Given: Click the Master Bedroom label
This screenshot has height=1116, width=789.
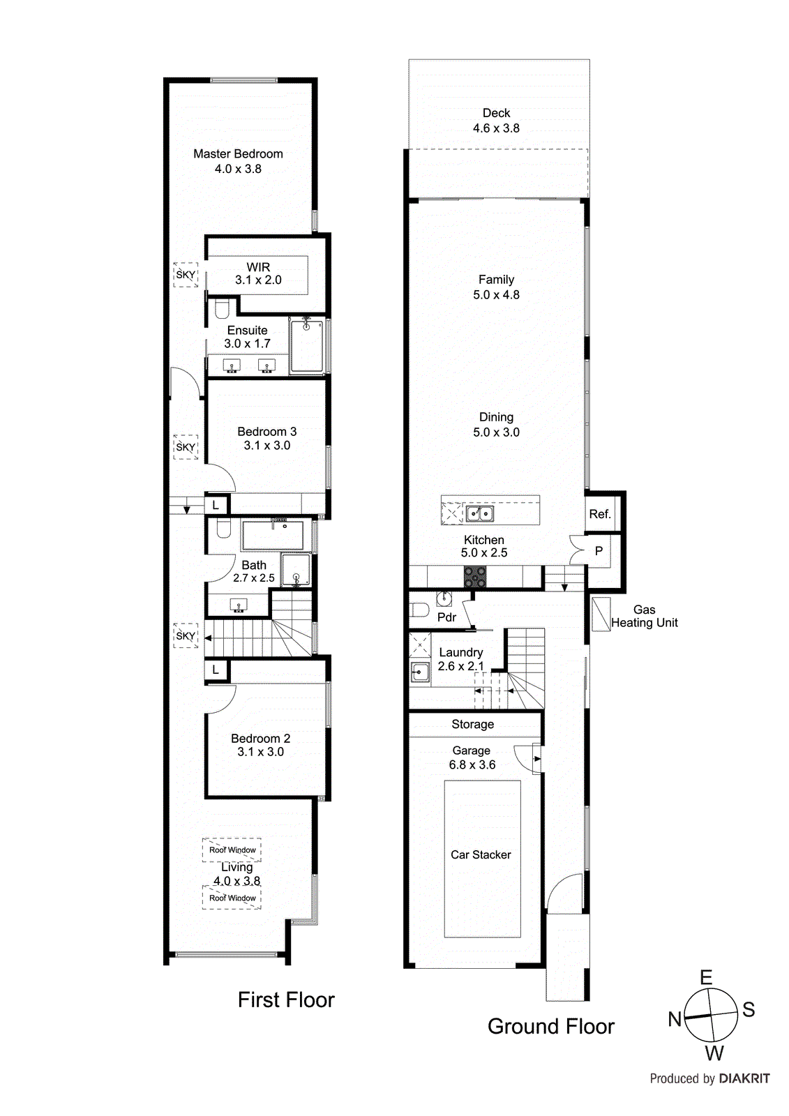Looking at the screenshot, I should (x=238, y=154).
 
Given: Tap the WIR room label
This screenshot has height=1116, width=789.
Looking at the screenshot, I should (x=258, y=267).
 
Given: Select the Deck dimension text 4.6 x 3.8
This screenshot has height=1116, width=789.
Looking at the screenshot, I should (x=496, y=128).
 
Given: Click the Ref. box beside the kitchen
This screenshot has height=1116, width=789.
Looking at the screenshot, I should (x=600, y=514).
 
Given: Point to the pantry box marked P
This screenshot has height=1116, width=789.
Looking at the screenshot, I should (x=599, y=551).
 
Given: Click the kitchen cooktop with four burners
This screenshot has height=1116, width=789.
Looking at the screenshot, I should (x=475, y=576).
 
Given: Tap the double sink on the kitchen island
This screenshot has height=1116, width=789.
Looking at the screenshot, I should (x=479, y=514).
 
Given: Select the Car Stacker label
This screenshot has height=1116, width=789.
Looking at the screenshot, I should (x=481, y=854).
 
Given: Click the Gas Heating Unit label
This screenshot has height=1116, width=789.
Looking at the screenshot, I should (x=644, y=616).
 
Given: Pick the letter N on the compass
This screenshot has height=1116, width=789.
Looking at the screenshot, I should (x=675, y=1019).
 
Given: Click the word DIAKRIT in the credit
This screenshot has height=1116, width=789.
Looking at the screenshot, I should (x=744, y=1078).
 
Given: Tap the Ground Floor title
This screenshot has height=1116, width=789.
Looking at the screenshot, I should (x=550, y=1026).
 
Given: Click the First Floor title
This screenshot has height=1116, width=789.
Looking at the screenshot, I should (x=286, y=1000).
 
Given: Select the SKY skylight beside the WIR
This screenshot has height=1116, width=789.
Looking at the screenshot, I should (x=186, y=275).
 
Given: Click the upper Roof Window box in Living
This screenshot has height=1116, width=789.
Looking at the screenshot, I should (x=232, y=850).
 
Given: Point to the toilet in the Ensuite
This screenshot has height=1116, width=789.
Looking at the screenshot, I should (x=222, y=308).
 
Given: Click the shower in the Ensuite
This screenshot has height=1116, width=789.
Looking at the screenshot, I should (x=306, y=346).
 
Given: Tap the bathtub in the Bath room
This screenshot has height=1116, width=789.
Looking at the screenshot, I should (x=273, y=535).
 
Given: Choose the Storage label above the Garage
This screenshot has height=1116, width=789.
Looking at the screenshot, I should (x=472, y=724).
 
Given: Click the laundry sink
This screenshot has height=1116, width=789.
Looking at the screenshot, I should (x=420, y=672).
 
